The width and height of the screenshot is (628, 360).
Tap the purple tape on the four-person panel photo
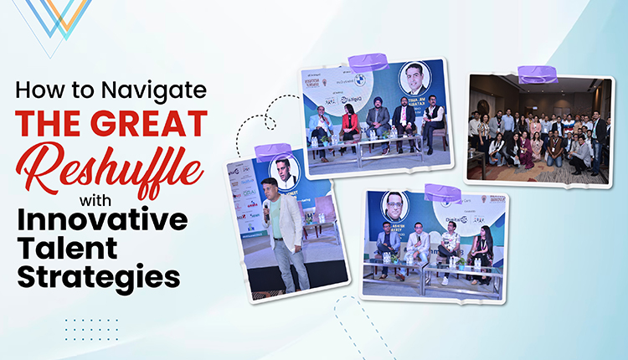[442, 193]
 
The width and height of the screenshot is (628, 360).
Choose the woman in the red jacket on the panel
[349, 125]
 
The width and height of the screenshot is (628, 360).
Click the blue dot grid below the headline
[92, 329]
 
